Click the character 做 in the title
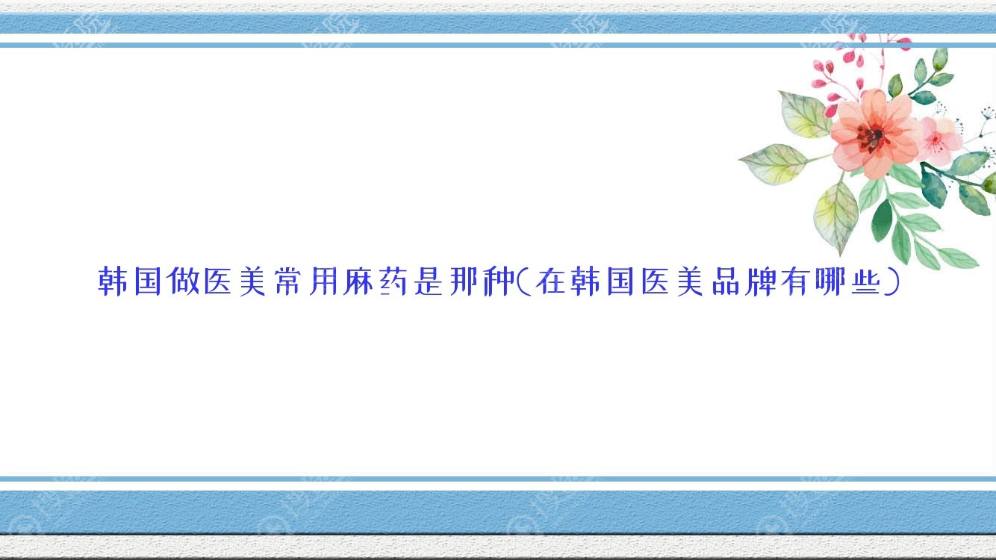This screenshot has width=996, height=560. point(183,281)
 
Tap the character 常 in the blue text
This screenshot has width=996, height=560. point(288,281)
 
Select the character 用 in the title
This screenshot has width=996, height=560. point(323,281)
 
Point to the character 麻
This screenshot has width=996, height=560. point(358,281)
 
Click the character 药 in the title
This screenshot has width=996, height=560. point(393,281)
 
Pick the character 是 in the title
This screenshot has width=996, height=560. point(429,281)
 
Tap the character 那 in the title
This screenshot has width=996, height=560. point(464,281)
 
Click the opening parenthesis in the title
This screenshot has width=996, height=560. point(523,281)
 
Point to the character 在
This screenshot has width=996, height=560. point(550,281)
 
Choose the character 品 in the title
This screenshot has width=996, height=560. point(725,281)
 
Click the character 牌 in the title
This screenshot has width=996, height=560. point(761,281)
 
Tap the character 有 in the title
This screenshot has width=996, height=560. point(795,281)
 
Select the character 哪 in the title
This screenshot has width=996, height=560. point(830,281)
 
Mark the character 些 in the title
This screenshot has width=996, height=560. point(865,281)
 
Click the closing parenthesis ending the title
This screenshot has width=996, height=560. point(891,281)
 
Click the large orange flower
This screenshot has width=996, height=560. point(874,134)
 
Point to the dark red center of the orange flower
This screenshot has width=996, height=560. point(872,136)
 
